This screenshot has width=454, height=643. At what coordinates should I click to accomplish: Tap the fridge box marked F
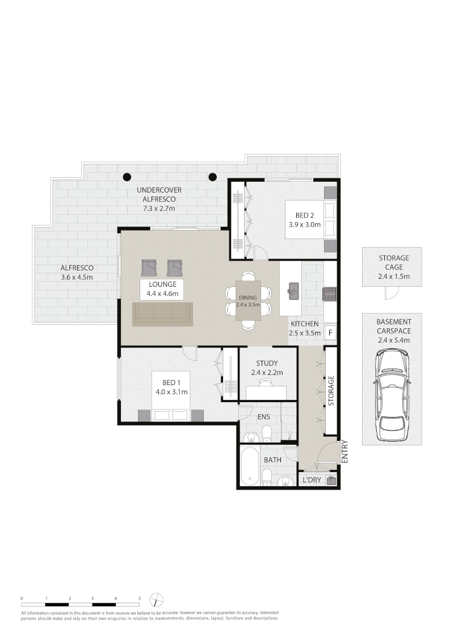330,333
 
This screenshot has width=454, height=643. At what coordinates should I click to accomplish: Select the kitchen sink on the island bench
293,291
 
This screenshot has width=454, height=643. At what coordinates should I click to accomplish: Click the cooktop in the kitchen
330,294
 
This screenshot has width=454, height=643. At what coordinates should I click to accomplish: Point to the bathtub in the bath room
250,466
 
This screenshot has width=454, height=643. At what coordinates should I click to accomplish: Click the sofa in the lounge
162,314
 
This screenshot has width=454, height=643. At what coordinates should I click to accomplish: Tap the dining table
249,300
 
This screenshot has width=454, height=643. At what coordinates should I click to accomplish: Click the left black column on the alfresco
128,177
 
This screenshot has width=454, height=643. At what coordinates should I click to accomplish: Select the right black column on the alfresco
212,177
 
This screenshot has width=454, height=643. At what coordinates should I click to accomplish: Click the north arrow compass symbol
156,600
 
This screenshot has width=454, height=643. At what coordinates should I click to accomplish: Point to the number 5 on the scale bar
139,598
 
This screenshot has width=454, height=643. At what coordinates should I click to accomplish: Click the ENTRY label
344,452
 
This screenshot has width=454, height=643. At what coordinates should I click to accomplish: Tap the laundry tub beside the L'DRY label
331,479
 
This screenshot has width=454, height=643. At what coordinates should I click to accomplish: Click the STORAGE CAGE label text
394,262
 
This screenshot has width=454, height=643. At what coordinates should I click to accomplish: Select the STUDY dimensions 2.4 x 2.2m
267,373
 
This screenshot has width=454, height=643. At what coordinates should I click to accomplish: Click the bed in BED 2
310,219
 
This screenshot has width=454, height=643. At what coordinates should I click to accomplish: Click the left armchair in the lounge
149,268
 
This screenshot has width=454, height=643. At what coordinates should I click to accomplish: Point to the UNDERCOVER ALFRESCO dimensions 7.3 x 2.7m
159,208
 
